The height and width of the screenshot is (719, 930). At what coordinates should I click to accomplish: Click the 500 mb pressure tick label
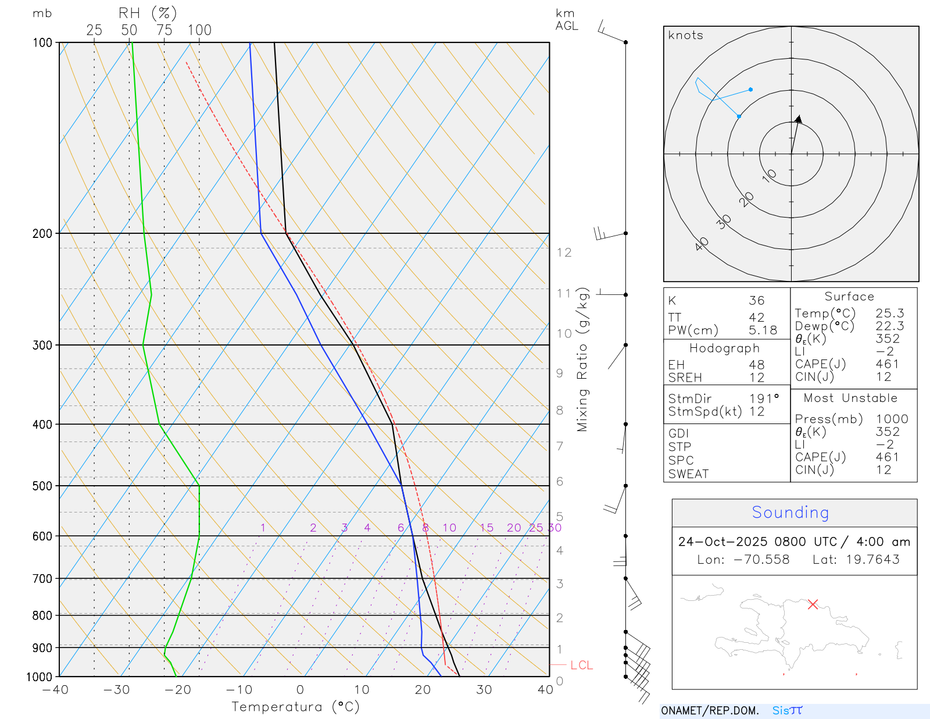(x=42, y=486)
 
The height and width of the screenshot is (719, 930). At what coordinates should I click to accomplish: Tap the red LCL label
(x=581, y=665)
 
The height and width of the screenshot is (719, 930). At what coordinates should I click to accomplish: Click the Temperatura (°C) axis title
(x=295, y=707)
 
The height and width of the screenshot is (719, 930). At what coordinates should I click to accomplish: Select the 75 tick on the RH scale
(x=164, y=30)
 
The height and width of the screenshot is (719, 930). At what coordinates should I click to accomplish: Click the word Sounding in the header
(x=790, y=512)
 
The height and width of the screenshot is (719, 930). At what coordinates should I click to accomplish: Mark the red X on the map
(x=813, y=604)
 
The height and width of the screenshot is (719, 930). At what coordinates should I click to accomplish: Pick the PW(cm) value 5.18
(x=763, y=330)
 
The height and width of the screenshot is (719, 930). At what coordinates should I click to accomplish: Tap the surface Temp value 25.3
(x=889, y=314)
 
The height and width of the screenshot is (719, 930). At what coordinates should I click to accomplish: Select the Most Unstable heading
(x=850, y=398)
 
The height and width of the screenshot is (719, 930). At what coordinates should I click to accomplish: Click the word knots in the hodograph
(x=685, y=35)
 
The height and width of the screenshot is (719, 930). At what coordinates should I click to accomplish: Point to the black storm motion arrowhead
(x=799, y=119)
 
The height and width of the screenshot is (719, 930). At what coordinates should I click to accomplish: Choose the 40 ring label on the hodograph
(x=702, y=244)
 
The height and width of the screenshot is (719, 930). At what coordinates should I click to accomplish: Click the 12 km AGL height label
(x=564, y=252)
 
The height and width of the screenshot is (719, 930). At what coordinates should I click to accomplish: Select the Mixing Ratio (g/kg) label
(x=582, y=359)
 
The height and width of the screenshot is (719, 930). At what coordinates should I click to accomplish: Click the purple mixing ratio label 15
(x=487, y=528)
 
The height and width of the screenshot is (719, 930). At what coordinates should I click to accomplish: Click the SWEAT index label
(x=688, y=474)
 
